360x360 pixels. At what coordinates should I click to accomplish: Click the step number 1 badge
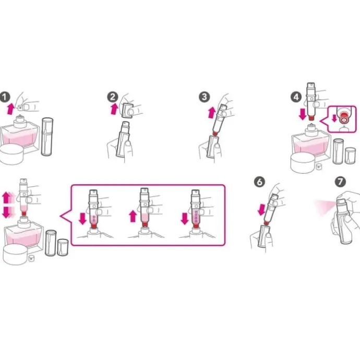tap(5, 97)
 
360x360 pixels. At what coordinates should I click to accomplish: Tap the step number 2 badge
tap(113, 97)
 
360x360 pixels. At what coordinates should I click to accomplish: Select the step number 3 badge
tap(204, 97)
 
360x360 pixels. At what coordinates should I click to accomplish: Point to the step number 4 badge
tap(296, 97)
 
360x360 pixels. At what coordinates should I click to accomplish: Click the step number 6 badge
tap(259, 182)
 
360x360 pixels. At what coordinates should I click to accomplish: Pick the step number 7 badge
tap(340, 182)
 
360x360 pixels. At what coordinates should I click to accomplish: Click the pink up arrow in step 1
tap(10, 109)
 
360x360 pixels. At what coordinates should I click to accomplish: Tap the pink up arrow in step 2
tap(114, 109)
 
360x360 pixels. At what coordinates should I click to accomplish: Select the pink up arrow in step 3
tap(212, 113)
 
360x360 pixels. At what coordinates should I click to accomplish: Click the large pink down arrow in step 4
tap(303, 114)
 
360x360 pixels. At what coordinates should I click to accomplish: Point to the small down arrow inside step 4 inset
tap(334, 118)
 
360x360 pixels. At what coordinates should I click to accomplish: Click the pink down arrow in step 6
tap(261, 210)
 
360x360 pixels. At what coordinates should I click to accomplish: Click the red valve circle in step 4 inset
tap(344, 119)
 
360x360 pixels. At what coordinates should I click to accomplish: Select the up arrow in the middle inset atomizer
tap(133, 217)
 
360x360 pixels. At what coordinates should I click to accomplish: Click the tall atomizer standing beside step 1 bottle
tap(47, 137)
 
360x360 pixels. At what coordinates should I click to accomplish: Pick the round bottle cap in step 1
tap(11, 154)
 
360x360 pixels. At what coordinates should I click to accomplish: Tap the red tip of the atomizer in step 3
tap(214, 133)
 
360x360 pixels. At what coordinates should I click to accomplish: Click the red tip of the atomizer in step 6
tap(266, 223)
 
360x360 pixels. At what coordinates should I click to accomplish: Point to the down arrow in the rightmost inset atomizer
tap(185, 219)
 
